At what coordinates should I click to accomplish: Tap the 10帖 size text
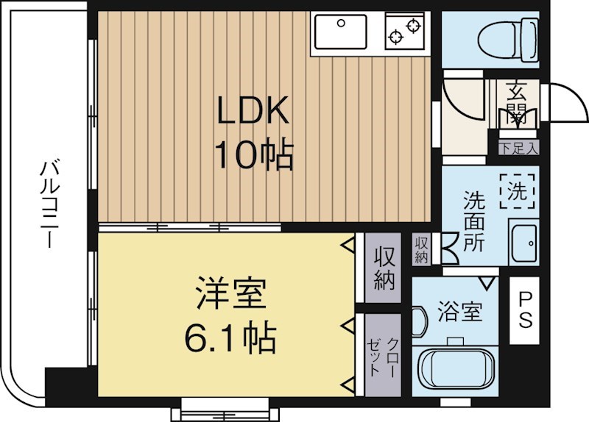click(x=253, y=154)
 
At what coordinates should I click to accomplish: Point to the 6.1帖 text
click(x=231, y=339)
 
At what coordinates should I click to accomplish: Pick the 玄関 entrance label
click(x=515, y=103)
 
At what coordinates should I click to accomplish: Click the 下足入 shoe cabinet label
click(x=518, y=148)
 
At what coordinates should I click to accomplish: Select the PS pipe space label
click(x=525, y=310)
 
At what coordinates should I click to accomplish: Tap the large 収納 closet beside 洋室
click(x=384, y=268)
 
